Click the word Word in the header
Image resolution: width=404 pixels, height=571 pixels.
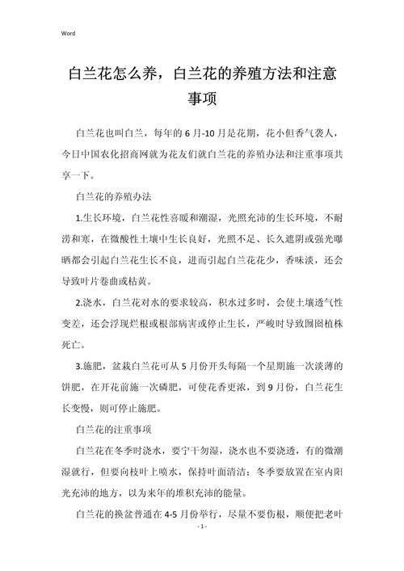[x=67, y=33]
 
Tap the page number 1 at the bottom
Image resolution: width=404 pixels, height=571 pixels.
[x=202, y=548]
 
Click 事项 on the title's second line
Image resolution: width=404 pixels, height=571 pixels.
[x=202, y=100]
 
